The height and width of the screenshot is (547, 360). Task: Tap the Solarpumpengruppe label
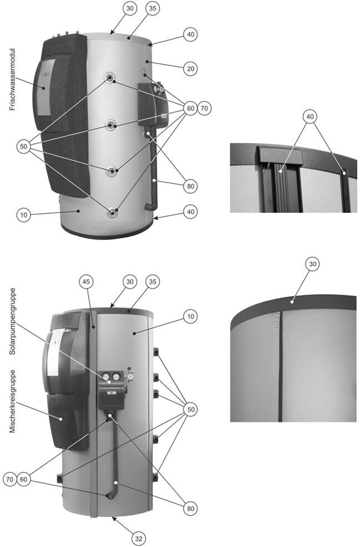click(x=13, y=321)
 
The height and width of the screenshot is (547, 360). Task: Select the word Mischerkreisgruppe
click(x=13, y=401)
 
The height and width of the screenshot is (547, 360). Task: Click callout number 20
click(x=191, y=69)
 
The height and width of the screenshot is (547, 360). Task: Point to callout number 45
click(x=87, y=281)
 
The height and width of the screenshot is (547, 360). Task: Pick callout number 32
click(x=139, y=539)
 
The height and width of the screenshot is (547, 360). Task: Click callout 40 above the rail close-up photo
click(x=310, y=117)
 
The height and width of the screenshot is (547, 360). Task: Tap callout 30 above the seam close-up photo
click(x=313, y=264)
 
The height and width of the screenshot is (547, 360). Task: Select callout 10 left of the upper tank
click(x=24, y=215)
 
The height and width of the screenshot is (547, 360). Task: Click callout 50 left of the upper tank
click(x=24, y=147)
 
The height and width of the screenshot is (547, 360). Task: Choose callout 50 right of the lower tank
click(x=191, y=409)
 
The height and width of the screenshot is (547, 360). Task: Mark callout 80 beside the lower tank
click(x=191, y=509)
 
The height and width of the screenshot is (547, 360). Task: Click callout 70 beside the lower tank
click(x=10, y=479)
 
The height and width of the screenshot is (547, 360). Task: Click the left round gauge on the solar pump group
click(x=105, y=377)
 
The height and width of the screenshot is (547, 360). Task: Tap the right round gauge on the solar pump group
click(x=114, y=377)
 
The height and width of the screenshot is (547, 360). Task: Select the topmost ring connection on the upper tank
click(x=110, y=77)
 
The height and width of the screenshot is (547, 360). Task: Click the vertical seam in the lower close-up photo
click(x=281, y=366)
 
